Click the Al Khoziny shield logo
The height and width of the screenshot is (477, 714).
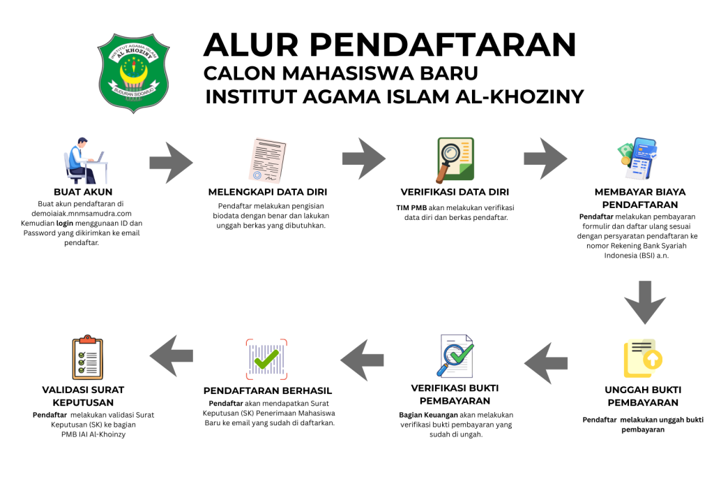point(132,72)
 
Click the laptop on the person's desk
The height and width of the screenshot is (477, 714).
point(100,156)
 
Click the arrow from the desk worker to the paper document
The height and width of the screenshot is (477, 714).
point(171,163)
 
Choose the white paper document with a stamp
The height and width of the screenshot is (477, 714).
point(267,161)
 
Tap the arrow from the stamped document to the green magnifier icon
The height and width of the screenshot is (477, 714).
point(363,159)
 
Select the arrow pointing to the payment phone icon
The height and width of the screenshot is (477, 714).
point(545,159)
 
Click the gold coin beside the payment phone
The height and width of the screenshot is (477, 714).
point(625,161)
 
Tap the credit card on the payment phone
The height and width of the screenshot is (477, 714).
point(646,148)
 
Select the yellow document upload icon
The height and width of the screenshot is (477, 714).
point(642,358)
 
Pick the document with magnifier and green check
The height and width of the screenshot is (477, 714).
point(456,356)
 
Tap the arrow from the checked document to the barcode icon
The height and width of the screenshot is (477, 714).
point(362,360)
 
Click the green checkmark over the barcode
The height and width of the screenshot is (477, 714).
point(266,360)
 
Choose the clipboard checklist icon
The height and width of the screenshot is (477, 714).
point(88,358)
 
